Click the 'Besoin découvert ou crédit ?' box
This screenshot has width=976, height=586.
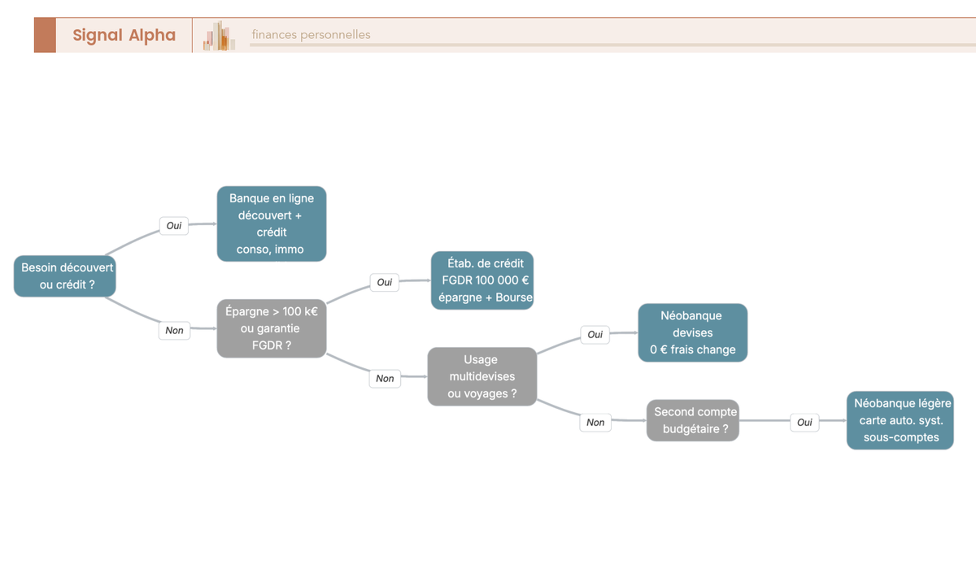(x=65, y=276)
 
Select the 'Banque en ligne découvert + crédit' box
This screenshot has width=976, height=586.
(x=272, y=224)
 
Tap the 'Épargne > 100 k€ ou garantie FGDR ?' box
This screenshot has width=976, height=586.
(x=272, y=328)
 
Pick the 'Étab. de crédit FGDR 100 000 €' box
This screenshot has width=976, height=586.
(x=482, y=280)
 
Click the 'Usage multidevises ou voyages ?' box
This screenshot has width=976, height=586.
(x=481, y=376)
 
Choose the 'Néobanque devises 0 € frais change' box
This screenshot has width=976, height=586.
(x=693, y=332)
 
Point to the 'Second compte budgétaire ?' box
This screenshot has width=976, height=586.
(x=693, y=420)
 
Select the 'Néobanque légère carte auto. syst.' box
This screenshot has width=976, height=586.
(x=900, y=420)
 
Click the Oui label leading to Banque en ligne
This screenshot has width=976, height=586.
(x=174, y=225)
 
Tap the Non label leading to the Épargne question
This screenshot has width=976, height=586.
(x=174, y=331)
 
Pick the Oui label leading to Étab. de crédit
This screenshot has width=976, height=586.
(x=384, y=282)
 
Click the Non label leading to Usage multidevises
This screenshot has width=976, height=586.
(x=385, y=378)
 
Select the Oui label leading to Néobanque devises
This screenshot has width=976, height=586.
(x=595, y=334)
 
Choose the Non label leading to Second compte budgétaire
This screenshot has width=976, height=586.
(x=595, y=423)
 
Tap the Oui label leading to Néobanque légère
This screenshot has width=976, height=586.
(x=804, y=423)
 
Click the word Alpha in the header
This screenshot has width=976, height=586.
(x=152, y=35)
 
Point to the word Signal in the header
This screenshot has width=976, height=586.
(x=97, y=35)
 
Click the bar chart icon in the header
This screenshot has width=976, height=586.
(x=219, y=36)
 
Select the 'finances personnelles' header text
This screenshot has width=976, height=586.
(x=311, y=34)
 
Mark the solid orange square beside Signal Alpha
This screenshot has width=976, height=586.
(x=45, y=35)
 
